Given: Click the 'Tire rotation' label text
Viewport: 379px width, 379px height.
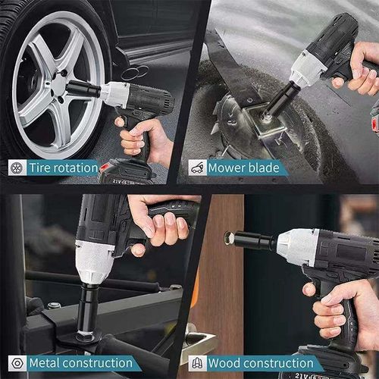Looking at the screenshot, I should click(x=64, y=168).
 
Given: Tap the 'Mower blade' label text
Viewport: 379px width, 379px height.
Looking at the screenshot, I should click(x=244, y=168).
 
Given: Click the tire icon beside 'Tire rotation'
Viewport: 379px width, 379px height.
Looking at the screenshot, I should click(x=15, y=168).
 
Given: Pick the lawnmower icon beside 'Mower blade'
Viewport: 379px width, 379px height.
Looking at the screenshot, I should click(x=196, y=168).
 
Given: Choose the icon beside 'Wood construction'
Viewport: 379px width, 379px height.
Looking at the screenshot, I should click(x=196, y=363).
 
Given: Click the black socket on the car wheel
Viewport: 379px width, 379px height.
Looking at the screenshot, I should click(x=83, y=89).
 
